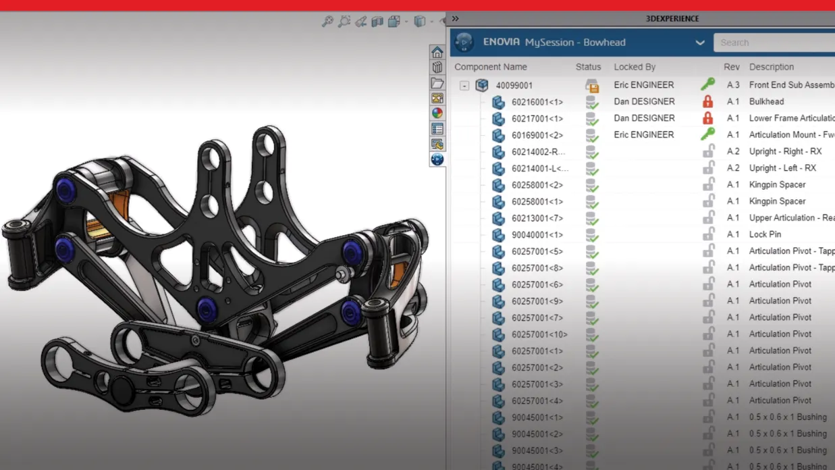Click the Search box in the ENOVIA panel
click(x=773, y=43)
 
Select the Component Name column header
click(x=491, y=67)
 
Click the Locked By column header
click(x=635, y=67)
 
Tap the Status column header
click(x=588, y=67)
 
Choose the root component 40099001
click(x=514, y=86)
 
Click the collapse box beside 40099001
click(x=464, y=86)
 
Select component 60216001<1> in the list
click(x=537, y=102)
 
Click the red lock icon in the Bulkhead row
click(x=707, y=101)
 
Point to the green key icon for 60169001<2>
click(x=707, y=134)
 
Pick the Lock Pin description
click(x=765, y=234)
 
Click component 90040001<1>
click(x=537, y=235)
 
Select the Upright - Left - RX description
click(x=782, y=168)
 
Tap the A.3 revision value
click(x=733, y=85)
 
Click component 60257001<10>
click(x=539, y=334)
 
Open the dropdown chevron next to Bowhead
click(x=700, y=43)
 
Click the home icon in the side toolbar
click(x=437, y=53)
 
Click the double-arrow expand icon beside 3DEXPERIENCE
click(x=456, y=19)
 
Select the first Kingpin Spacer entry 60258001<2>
click(x=537, y=185)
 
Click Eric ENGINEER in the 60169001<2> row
click(x=643, y=134)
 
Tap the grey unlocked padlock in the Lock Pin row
click(x=708, y=234)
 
